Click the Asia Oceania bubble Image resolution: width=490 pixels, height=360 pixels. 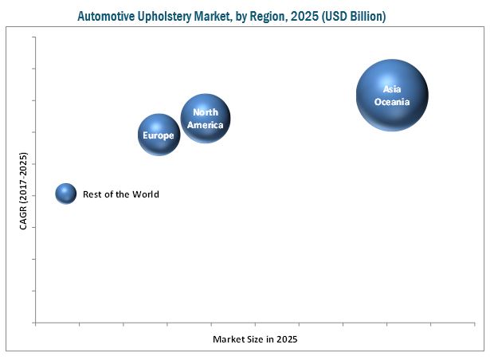click(x=392, y=95)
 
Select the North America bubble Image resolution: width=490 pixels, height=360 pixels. click(x=206, y=118)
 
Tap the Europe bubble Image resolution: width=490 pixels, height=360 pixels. click(x=159, y=135)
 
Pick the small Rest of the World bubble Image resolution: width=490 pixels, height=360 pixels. click(x=66, y=194)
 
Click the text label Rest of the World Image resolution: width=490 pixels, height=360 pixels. click(x=121, y=194)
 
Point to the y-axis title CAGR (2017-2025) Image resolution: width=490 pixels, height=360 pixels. click(x=23, y=192)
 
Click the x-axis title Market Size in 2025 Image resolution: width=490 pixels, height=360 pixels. click(x=255, y=340)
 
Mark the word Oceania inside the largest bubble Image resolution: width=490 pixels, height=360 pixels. click(x=392, y=102)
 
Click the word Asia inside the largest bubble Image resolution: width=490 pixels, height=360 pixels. click(x=392, y=89)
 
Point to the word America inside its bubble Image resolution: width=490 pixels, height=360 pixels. click(x=206, y=124)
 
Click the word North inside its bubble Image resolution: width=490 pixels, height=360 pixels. click(x=206, y=112)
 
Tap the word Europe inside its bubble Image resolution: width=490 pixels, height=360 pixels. click(x=159, y=135)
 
